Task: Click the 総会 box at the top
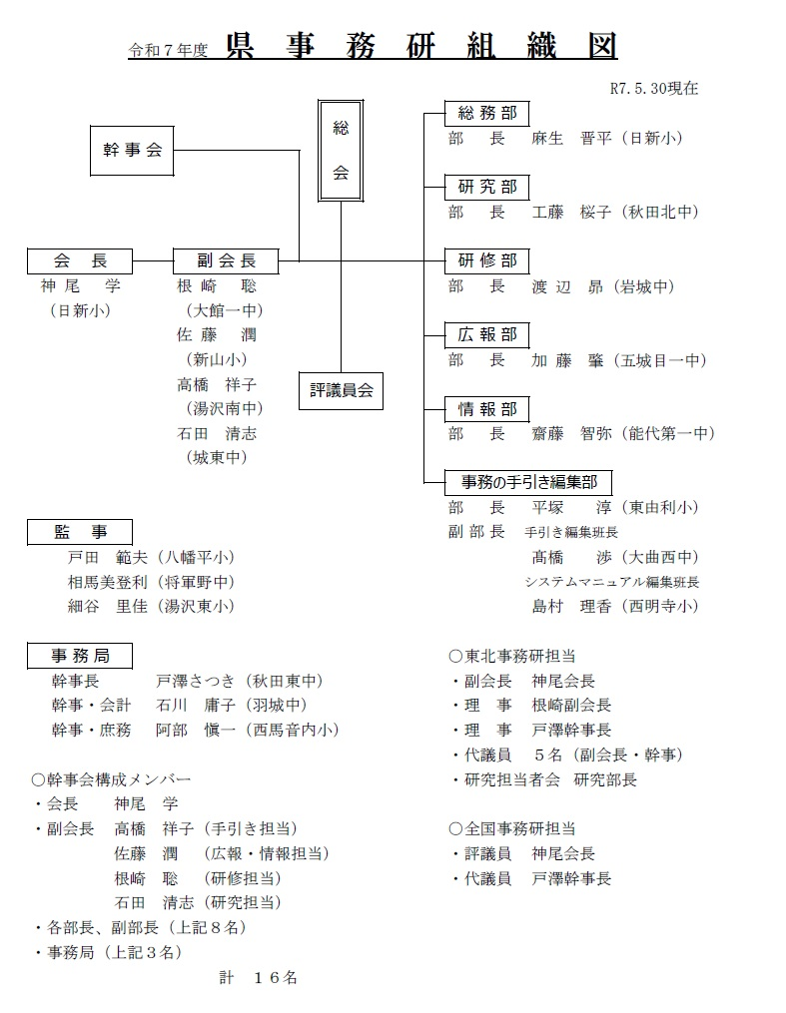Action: coord(341,150)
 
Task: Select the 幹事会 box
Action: coord(132,151)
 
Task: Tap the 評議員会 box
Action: coord(341,391)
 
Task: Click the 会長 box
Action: coord(80,261)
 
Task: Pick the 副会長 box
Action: coord(226,261)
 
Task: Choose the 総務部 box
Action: coord(487,114)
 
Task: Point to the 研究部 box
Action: coord(487,188)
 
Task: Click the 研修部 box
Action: coord(487,261)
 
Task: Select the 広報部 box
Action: coord(487,335)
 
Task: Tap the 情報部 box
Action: coord(487,409)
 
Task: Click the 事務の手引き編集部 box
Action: coord(528,483)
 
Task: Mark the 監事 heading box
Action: coord(80,533)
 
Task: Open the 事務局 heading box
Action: coord(80,656)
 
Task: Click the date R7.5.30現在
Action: coord(653,88)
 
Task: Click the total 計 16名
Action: coord(259,978)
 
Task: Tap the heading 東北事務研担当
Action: coord(513,656)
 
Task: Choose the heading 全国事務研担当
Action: coord(513,828)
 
